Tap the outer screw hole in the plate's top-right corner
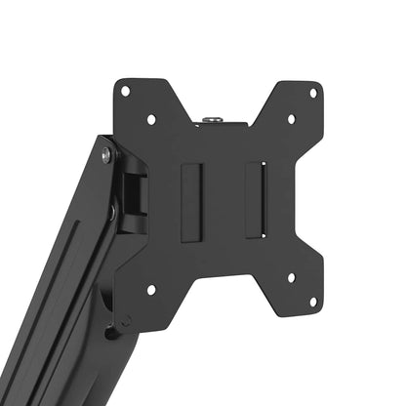click(x=312, y=93)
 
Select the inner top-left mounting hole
click(x=151, y=119)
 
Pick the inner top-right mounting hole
click(x=290, y=119)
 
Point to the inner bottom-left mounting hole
click(x=150, y=289)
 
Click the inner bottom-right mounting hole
click(x=291, y=279)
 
